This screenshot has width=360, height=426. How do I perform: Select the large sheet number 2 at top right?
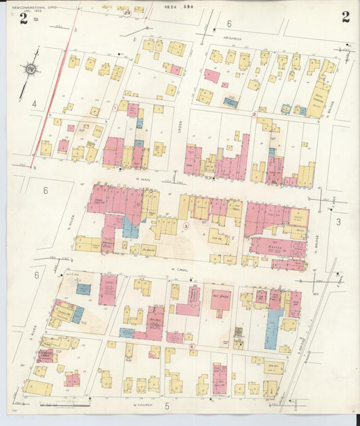(345, 18)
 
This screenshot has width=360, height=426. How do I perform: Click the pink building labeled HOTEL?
(108, 289)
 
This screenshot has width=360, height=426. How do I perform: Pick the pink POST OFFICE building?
(220, 300)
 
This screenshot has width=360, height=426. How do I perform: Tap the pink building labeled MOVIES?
(277, 247)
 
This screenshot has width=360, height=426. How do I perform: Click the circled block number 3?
(185, 226)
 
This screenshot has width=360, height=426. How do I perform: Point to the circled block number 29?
(127, 12)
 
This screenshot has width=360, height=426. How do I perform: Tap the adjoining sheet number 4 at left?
(33, 104)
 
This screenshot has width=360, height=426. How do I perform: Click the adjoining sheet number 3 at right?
(338, 221)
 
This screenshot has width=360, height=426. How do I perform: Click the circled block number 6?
(192, 346)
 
